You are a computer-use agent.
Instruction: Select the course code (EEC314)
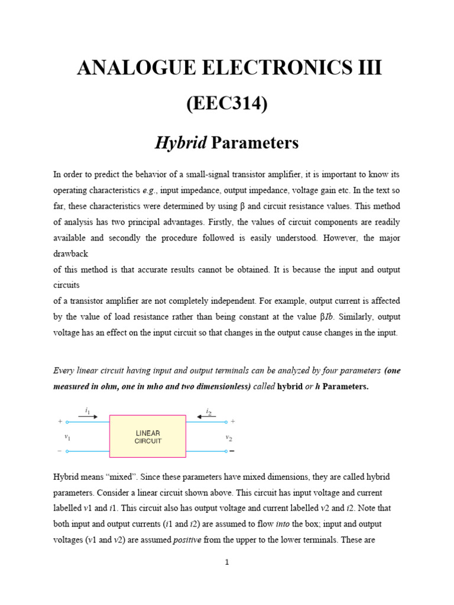227,104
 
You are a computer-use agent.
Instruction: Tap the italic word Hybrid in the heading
180,142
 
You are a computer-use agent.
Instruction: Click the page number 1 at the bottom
227,562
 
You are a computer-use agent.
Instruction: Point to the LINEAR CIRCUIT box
148,437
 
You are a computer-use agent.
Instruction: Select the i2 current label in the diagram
208,409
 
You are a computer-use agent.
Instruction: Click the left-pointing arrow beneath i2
207,417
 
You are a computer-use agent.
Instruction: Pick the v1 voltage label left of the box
67,437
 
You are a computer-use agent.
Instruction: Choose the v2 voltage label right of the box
228,437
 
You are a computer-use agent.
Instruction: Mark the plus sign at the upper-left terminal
60,422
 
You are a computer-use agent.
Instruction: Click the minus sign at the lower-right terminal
232,451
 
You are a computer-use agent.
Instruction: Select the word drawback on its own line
70,253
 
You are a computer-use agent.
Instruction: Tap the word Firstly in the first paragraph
244,222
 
